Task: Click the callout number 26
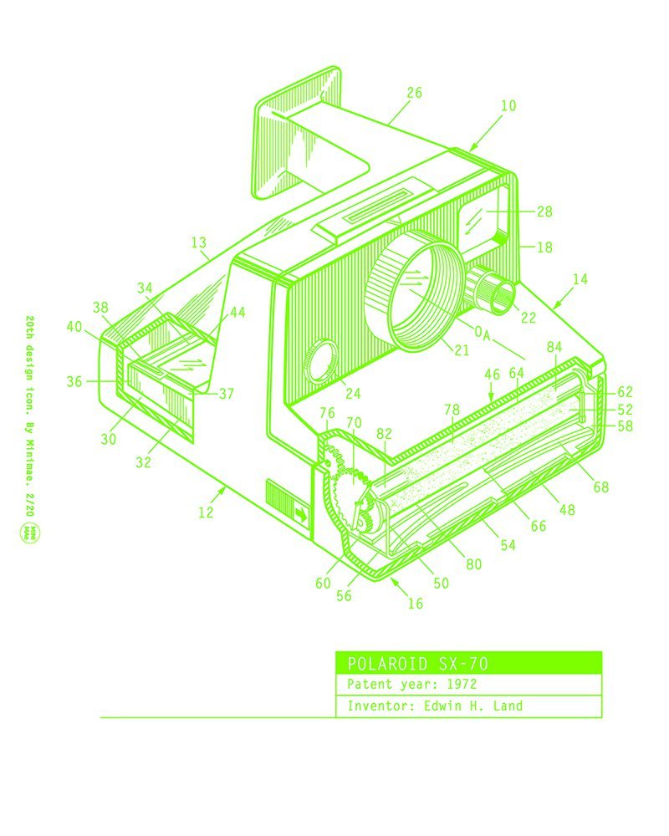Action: pos(414,93)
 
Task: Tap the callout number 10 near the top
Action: pos(508,106)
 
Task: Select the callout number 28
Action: pos(544,212)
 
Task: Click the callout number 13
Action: pos(198,242)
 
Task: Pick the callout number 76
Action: pos(327,413)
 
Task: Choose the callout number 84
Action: pos(554,346)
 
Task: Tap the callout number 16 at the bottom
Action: pos(416,604)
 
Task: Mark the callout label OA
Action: pos(482,334)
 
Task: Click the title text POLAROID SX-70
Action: pos(417,664)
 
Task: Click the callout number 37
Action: pos(227,394)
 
